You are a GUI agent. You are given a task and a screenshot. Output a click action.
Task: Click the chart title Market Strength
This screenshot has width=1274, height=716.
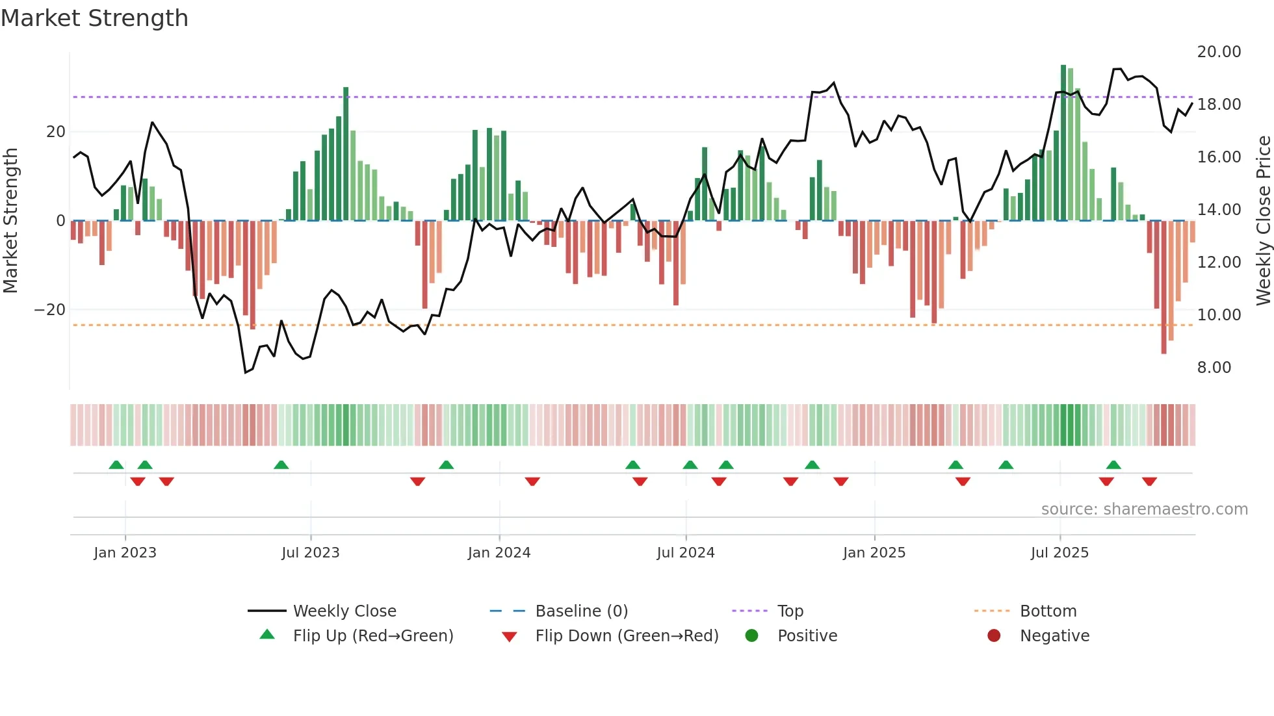(94, 18)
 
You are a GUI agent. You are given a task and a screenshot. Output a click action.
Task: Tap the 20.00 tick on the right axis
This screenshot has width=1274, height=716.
(1219, 52)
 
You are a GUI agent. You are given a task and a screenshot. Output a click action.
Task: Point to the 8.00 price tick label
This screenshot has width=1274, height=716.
(1214, 368)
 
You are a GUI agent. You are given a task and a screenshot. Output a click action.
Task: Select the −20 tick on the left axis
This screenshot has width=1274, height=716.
(50, 310)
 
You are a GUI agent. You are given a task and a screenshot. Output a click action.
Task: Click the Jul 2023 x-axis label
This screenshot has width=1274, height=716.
(310, 553)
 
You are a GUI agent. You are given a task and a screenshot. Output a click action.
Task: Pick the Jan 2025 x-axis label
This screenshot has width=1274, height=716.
(874, 553)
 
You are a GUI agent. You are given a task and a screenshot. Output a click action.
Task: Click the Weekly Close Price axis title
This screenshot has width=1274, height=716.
(1263, 221)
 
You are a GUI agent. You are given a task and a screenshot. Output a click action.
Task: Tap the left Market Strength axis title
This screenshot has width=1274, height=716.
(10, 221)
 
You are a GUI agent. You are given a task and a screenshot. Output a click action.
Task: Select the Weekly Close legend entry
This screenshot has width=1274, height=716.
(344, 611)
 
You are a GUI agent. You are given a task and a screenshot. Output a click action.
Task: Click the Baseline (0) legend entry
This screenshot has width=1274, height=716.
(581, 611)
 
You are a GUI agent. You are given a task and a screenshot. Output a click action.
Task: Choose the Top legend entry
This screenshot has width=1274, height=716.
(790, 611)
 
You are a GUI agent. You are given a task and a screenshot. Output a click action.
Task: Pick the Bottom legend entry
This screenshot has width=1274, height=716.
(1048, 611)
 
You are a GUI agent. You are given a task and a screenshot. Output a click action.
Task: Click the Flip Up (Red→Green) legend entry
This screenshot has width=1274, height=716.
(372, 636)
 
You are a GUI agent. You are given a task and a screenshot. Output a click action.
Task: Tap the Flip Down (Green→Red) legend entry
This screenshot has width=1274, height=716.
(626, 636)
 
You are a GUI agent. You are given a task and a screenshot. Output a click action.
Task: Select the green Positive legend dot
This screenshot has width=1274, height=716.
(751, 636)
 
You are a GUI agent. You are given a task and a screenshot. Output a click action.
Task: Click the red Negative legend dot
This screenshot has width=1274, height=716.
(994, 636)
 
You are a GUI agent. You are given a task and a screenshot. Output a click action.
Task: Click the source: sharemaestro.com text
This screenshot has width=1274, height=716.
(1144, 509)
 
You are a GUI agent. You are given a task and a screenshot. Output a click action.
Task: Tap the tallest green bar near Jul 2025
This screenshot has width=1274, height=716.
(1063, 143)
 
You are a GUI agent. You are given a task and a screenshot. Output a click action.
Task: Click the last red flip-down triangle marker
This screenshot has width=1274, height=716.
(1149, 481)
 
